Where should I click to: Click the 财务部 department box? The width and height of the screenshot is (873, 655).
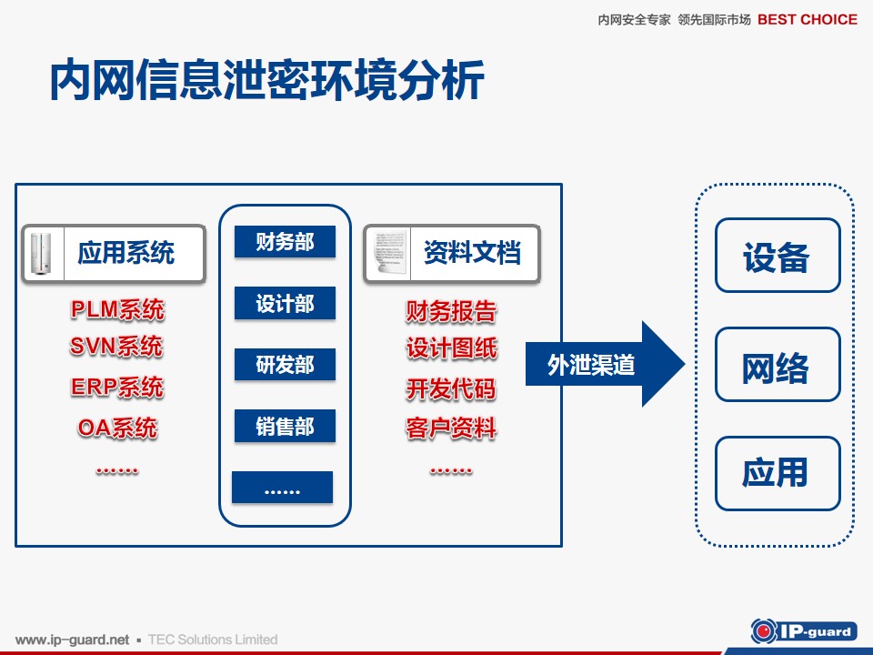click(x=285, y=242)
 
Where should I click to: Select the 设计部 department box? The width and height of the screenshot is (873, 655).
click(x=285, y=303)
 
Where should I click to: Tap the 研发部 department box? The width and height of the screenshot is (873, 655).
click(x=285, y=364)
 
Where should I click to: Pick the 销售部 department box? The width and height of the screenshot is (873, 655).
click(x=285, y=426)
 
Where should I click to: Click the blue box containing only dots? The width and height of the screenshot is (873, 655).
click(x=282, y=488)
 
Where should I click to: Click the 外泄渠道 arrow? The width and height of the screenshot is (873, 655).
click(x=605, y=364)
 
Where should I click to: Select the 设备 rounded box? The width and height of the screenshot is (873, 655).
click(x=778, y=255)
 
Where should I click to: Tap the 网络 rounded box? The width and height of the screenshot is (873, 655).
click(x=778, y=365)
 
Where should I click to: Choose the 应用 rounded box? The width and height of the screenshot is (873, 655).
click(x=778, y=473)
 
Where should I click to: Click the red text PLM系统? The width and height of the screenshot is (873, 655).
click(x=117, y=309)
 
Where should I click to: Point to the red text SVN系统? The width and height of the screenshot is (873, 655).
click(x=116, y=347)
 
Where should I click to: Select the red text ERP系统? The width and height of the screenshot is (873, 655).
click(x=117, y=388)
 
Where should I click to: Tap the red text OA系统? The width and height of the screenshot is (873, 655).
click(x=117, y=428)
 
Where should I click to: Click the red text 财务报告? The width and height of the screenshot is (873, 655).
click(x=451, y=311)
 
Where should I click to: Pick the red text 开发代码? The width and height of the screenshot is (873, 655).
click(x=451, y=388)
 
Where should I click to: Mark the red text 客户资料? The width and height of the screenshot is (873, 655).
click(x=451, y=428)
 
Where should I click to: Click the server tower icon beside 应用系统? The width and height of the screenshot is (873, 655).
click(x=41, y=254)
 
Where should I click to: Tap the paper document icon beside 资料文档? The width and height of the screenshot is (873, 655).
click(x=389, y=253)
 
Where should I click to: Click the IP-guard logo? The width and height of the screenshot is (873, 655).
click(x=803, y=631)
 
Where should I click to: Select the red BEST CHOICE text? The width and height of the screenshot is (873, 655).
click(x=808, y=19)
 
